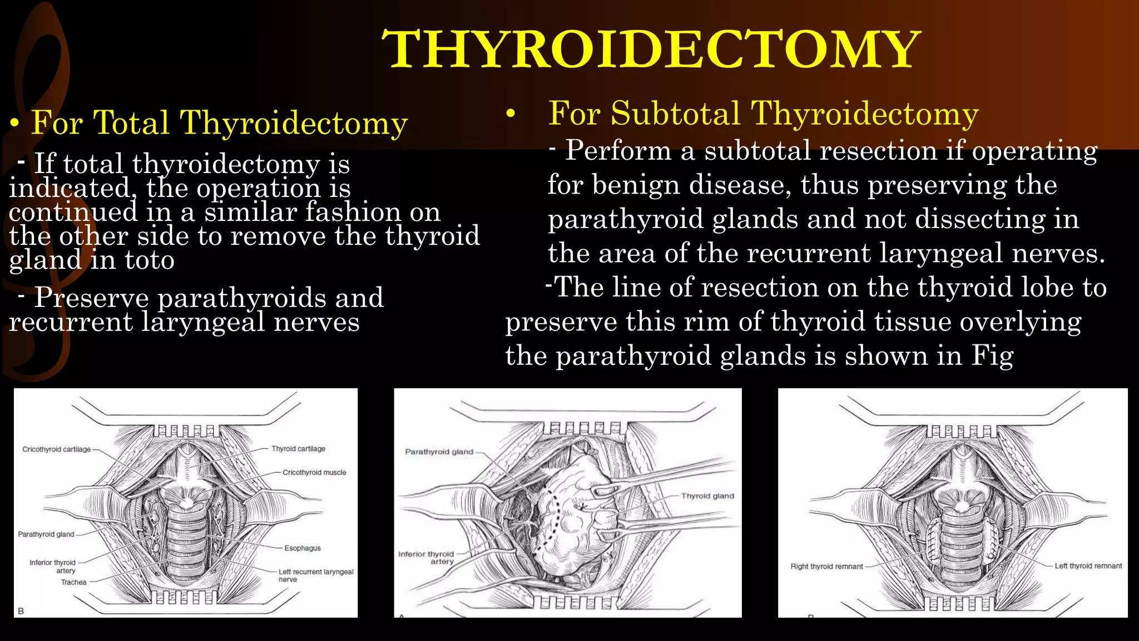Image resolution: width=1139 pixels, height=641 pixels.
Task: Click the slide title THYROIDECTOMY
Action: tap(651, 50)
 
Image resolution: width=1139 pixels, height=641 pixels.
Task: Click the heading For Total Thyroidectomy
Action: tap(219, 122)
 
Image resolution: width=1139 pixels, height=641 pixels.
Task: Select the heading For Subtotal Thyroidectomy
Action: tap(763, 114)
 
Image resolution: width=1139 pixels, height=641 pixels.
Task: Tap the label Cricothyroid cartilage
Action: tap(56, 449)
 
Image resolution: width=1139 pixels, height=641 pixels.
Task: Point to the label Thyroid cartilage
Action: tap(298, 448)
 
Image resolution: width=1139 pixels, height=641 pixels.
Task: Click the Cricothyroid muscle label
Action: tap(314, 472)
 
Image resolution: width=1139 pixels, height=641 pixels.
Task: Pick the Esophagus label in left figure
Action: tap(303, 548)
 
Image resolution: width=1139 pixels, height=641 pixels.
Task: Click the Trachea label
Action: tap(73, 582)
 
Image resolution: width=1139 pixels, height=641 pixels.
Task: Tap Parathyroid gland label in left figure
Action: tap(46, 534)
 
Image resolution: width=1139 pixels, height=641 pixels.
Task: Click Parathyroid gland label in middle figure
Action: tap(439, 452)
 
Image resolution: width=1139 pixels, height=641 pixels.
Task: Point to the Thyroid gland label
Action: tap(707, 496)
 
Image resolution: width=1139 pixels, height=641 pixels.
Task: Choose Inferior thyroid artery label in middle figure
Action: tap(427, 558)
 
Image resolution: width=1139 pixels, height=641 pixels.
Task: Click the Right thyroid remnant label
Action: tap(826, 566)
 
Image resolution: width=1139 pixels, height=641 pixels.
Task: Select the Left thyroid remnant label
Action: tap(1088, 566)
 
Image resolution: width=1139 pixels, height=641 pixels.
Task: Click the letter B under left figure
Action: tap(21, 611)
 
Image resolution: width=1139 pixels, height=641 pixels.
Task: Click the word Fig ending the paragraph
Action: tap(992, 356)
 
